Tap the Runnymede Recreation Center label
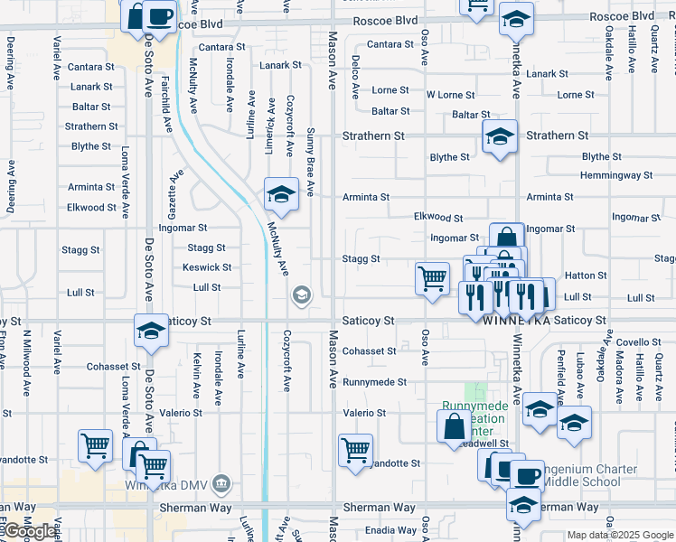pyautogui.click(x=475, y=417)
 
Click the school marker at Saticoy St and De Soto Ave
pyautogui.click(x=151, y=331)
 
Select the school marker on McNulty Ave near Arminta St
pyautogui.click(x=281, y=194)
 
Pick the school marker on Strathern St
pyautogui.click(x=499, y=137)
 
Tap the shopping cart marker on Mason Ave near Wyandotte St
pyautogui.click(x=356, y=450)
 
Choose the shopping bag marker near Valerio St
pyautogui.click(x=454, y=427)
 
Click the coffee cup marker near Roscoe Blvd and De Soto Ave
pyautogui.click(x=159, y=16)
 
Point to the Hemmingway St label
pyautogui.click(x=617, y=175)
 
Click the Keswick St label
pyautogui.click(x=207, y=267)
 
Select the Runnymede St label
pyautogui.click(x=375, y=382)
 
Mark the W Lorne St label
pyautogui.click(x=450, y=95)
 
